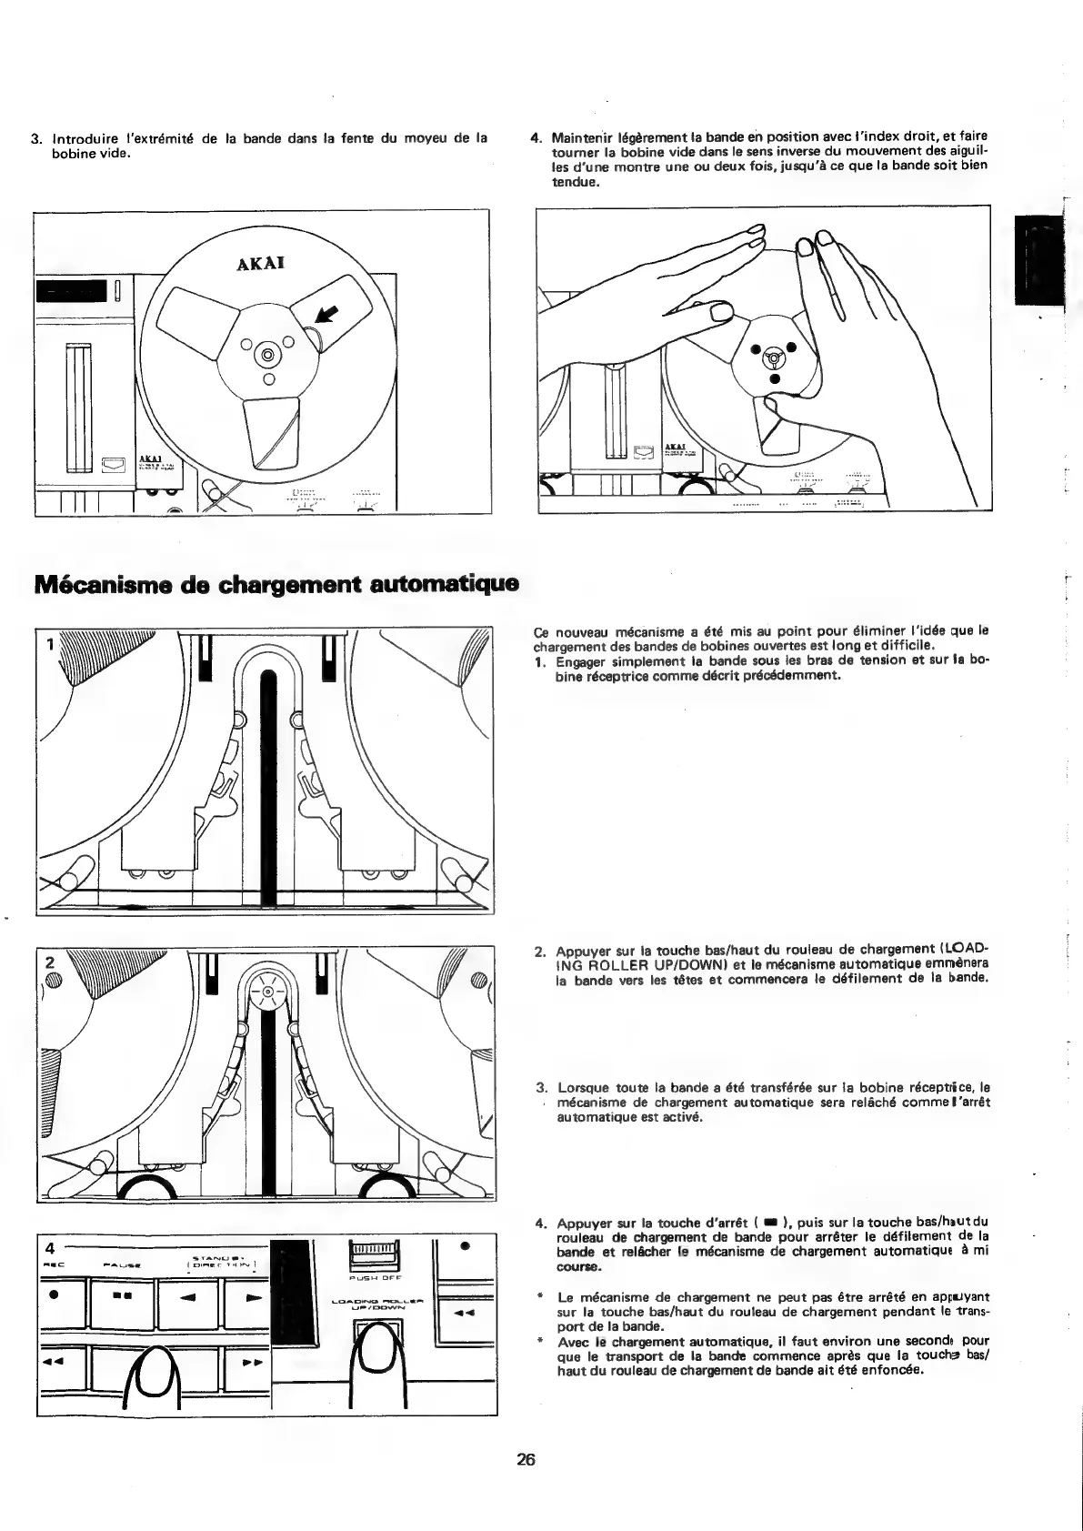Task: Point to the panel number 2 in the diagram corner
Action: [50, 962]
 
